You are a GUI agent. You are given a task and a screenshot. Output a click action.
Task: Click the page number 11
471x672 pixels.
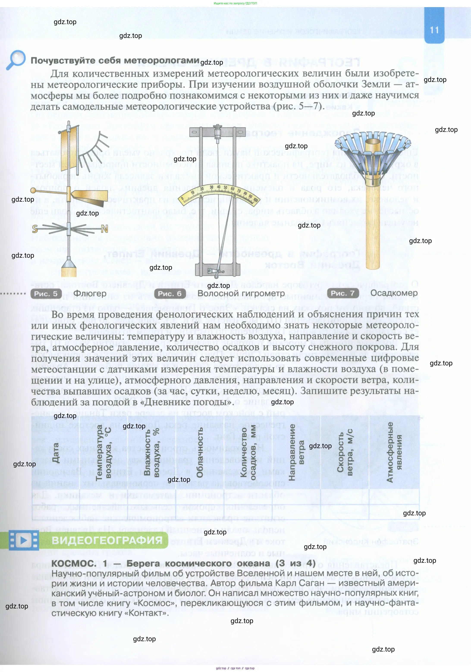click(434, 30)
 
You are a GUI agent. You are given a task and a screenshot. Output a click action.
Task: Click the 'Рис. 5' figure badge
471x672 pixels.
click(46, 294)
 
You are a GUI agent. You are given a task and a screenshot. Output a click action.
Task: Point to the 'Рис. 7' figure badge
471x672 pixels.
click(343, 293)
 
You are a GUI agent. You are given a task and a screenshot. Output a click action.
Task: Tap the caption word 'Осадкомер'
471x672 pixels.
click(394, 293)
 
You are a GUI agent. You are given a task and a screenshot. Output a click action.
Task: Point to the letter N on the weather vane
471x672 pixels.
click(105, 229)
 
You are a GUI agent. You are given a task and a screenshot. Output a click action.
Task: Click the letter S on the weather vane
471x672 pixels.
click(35, 229)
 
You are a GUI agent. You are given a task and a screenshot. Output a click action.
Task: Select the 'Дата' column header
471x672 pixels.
click(55, 452)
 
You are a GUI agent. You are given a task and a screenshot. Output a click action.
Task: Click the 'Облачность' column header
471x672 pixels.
click(200, 452)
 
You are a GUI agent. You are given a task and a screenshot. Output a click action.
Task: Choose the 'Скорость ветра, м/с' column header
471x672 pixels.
click(345, 452)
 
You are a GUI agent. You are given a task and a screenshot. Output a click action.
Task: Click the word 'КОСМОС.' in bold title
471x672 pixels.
click(74, 563)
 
